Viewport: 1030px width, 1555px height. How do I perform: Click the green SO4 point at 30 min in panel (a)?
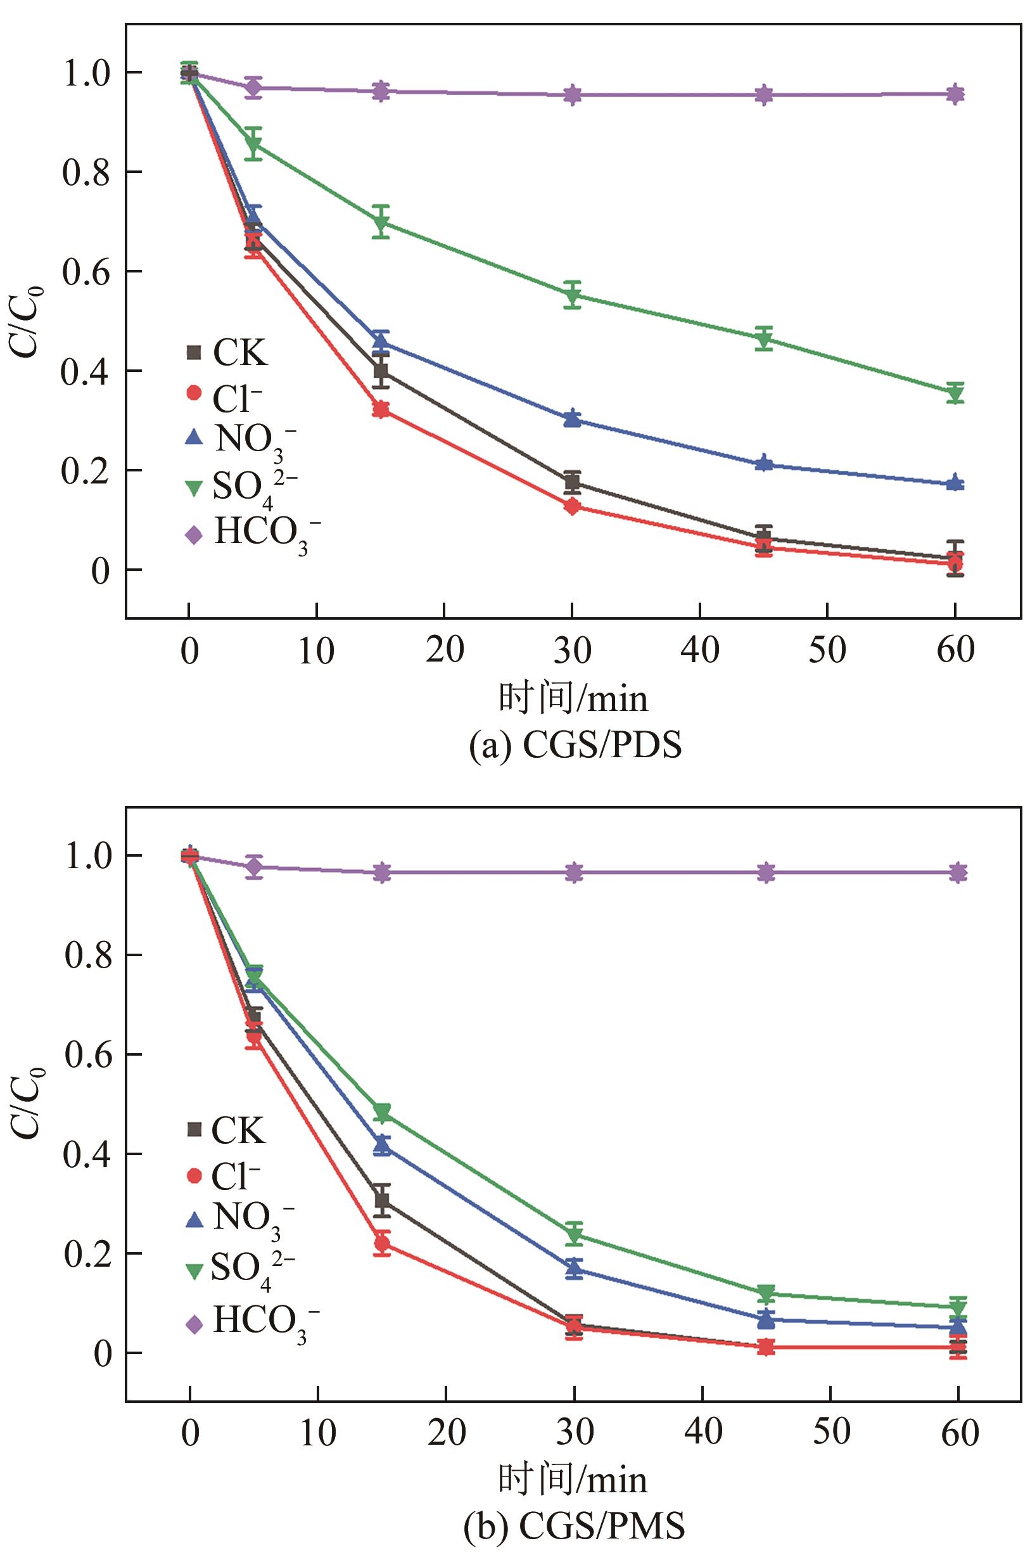[x=572, y=297]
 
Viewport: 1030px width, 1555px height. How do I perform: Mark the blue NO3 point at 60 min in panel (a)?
[x=955, y=483]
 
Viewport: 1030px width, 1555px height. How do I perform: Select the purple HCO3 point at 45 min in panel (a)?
[x=763, y=94]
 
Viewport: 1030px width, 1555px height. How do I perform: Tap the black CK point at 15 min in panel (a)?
[x=380, y=371]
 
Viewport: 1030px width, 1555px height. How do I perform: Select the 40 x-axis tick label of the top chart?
[x=700, y=651]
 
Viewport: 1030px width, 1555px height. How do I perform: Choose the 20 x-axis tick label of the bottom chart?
[x=447, y=1431]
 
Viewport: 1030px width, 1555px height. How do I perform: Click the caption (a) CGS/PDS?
[x=575, y=747]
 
